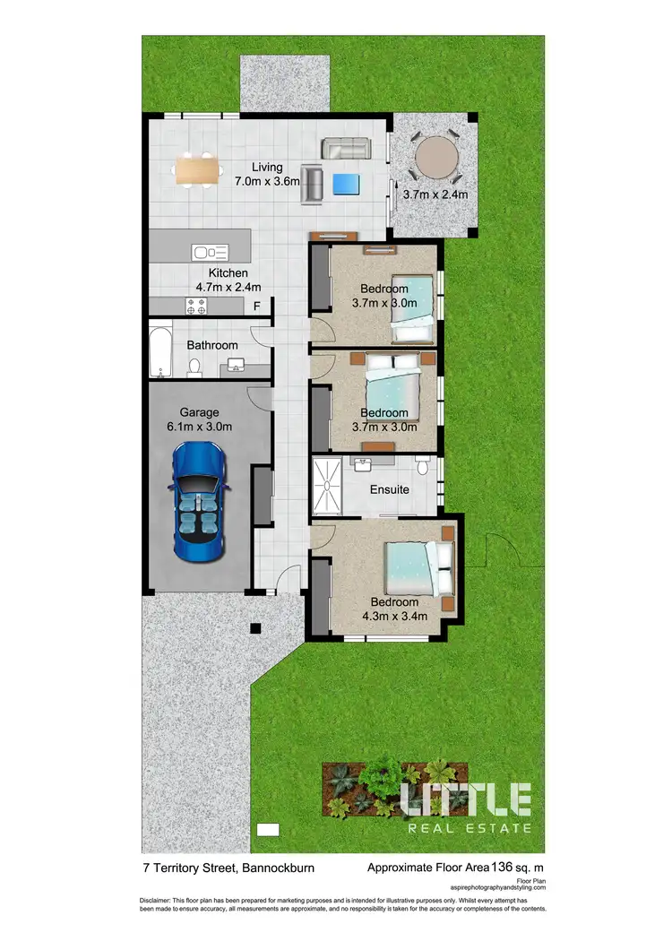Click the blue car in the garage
pos(201,501)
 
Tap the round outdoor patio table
pos(435,158)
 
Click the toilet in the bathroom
pos(194,366)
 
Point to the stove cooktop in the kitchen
pos(197,307)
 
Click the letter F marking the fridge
pos(256,307)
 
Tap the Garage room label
pos(199,412)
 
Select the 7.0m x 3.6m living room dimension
pos(267,181)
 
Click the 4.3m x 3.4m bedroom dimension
pos(394,615)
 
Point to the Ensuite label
pos(390,489)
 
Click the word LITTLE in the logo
pos(465,799)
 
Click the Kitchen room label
pos(228,273)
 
